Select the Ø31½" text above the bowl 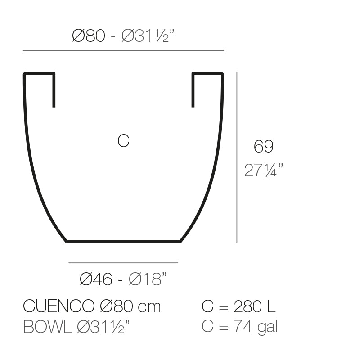click(x=148, y=36)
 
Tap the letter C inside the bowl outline click(x=123, y=141)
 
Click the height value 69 click(x=263, y=147)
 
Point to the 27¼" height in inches click(x=264, y=171)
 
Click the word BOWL click(x=47, y=327)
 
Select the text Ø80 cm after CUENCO click(x=129, y=307)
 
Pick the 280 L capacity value click(x=255, y=307)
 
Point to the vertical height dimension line click(x=237, y=157)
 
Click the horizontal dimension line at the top click(x=123, y=50)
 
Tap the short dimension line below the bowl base click(x=123, y=262)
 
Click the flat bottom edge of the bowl click(x=123, y=242)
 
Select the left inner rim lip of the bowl click(x=54, y=90)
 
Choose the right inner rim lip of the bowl click(x=193, y=90)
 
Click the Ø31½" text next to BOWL click(x=104, y=327)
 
